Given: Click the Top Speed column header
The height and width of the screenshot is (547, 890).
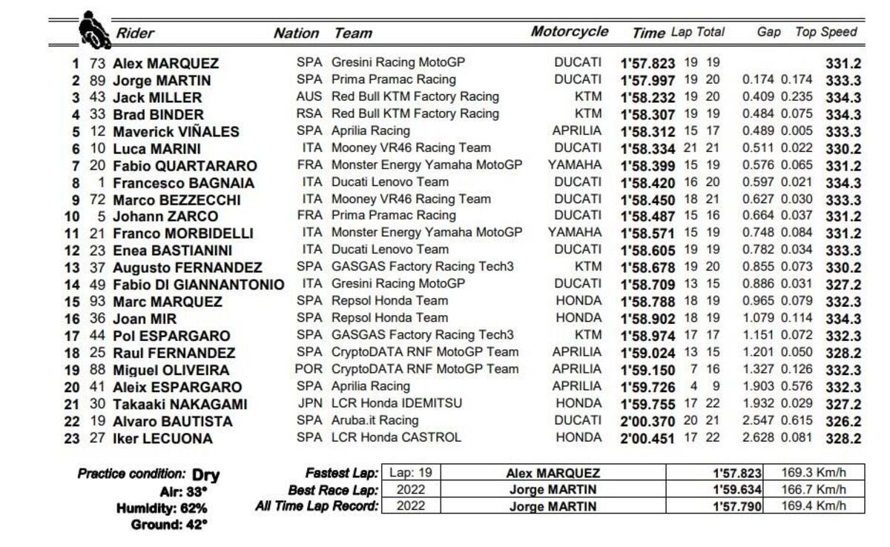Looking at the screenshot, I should tap(825, 32).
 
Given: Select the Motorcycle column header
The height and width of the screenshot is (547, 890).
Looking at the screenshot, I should tap(570, 32).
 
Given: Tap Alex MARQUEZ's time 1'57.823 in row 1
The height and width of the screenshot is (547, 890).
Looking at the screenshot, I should tap(647, 64).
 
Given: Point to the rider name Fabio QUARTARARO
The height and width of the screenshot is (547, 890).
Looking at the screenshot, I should tap(185, 166).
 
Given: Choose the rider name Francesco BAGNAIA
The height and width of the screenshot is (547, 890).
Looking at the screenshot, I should tap(183, 183).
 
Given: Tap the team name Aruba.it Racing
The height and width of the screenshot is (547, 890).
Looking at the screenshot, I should tap(375, 420).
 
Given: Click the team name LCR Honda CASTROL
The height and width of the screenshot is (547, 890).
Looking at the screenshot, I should tap(396, 437).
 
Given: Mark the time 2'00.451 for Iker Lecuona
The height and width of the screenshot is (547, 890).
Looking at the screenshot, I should tap(647, 439).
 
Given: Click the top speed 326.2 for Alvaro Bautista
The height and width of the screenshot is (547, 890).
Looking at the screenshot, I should tap(843, 422).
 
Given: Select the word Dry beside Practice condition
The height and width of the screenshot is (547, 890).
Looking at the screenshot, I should tap(205, 475).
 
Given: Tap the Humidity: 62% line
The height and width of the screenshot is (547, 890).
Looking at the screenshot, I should tap(162, 508).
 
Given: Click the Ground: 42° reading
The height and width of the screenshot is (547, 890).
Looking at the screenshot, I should tap(169, 525).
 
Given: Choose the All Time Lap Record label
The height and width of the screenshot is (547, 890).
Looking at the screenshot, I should tap(317, 506).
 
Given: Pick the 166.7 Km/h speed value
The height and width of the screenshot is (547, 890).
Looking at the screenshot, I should tap(813, 489).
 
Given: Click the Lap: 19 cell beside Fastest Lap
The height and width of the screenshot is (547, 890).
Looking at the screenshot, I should tap(410, 473).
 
